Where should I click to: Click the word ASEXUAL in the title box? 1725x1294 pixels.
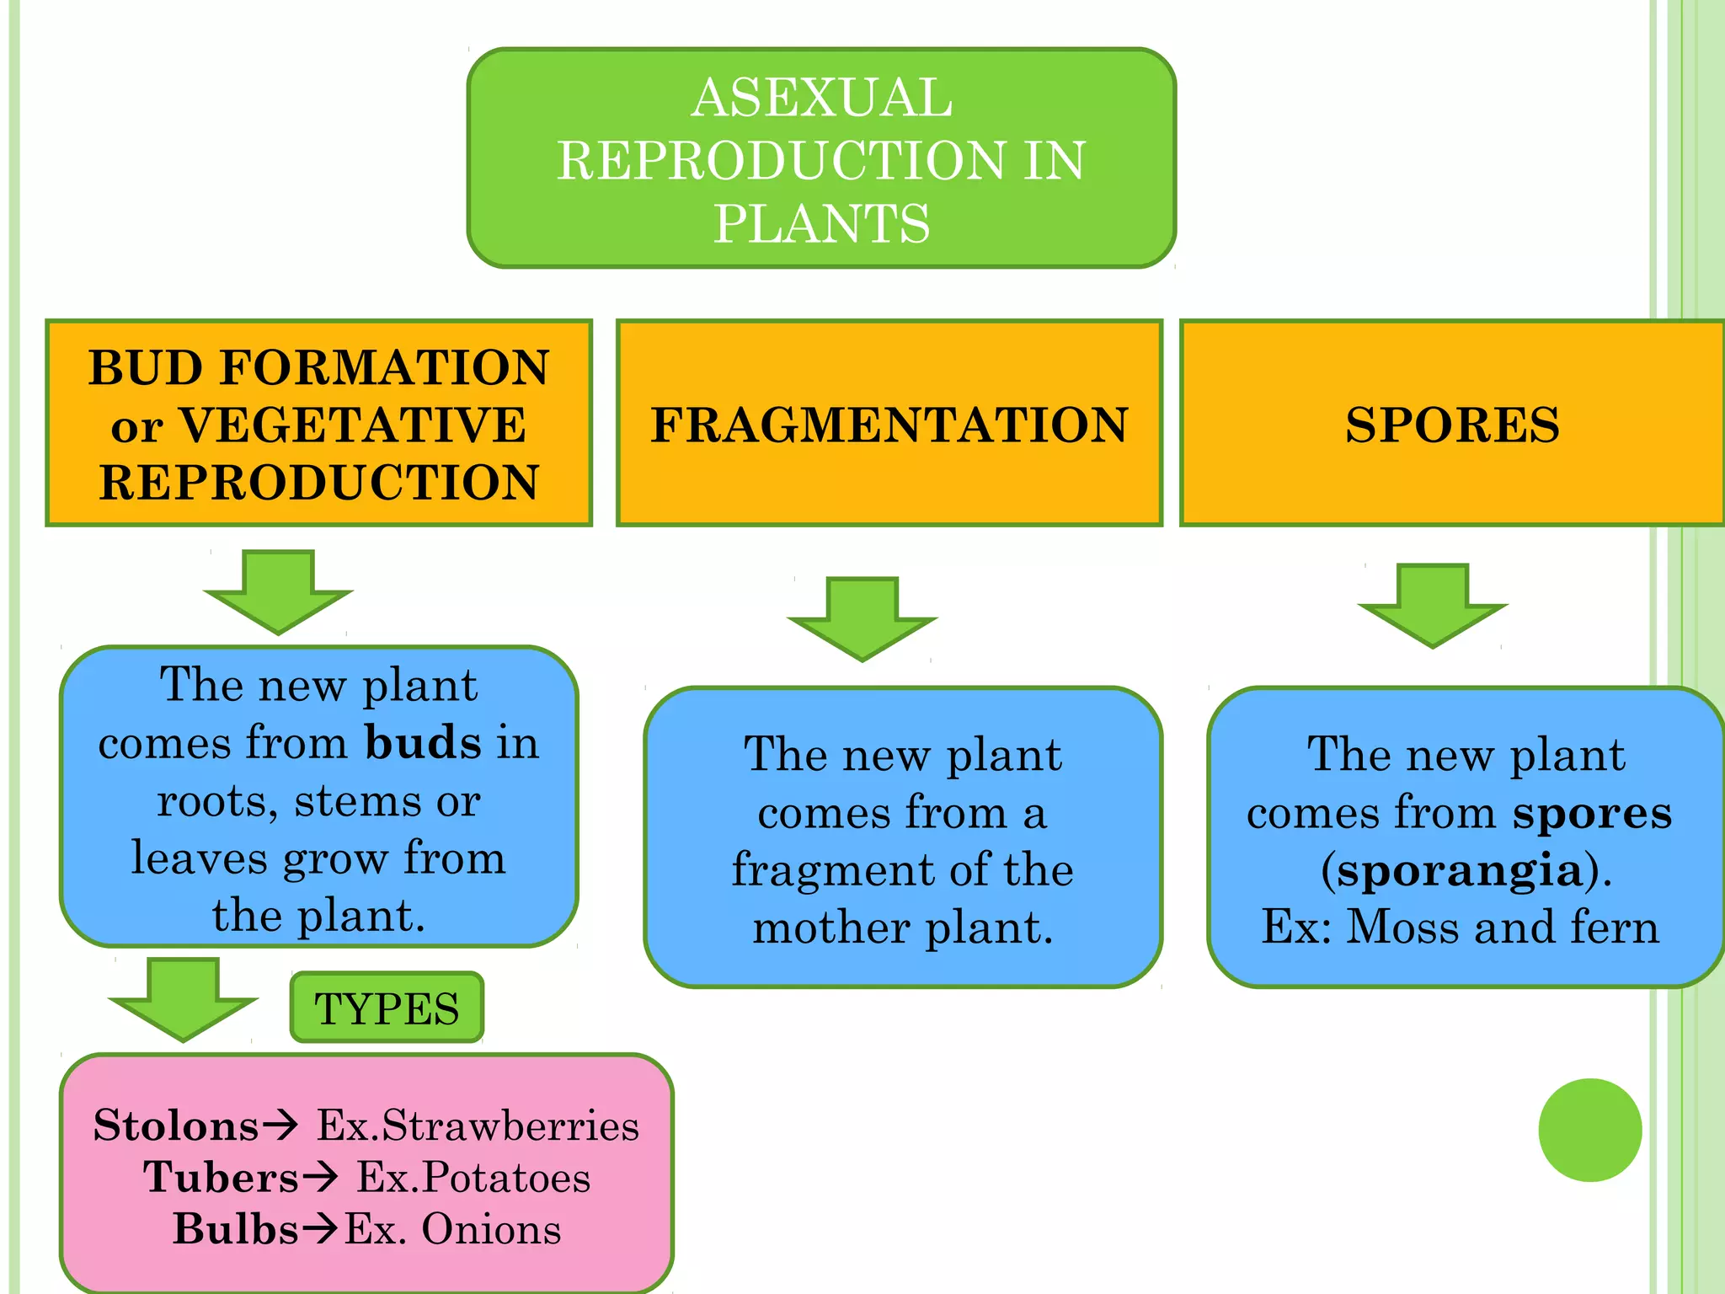821,98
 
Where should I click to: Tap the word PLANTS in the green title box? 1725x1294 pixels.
821,224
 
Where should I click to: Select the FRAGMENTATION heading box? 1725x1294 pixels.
889,424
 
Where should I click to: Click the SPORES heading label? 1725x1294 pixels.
1452,425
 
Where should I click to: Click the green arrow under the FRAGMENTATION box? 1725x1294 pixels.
862,618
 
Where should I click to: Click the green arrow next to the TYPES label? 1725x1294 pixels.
183,999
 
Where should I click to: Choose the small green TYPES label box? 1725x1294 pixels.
387,1008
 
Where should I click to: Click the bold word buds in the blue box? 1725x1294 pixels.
423,743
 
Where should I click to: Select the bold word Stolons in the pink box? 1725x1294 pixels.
176,1126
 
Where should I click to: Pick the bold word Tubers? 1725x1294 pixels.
221,1177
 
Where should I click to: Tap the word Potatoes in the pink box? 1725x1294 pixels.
505,1177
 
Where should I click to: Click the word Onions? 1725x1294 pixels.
491,1229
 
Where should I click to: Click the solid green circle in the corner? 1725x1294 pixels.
1589,1130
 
